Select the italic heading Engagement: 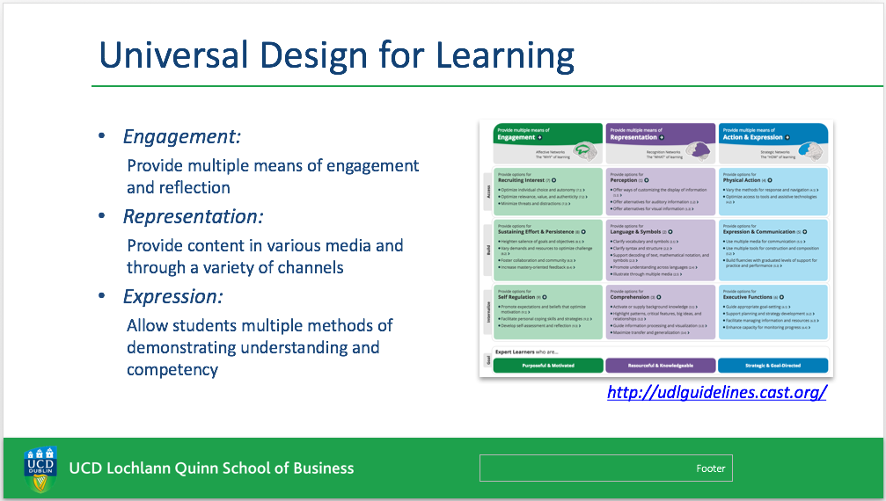point(182,137)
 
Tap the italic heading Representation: point(194,216)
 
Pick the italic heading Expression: point(172,296)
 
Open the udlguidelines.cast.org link point(716,392)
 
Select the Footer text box point(605,468)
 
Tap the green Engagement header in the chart point(547,134)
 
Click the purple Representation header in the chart point(660,134)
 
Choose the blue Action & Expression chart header point(773,134)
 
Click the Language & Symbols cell point(660,250)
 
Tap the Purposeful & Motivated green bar point(547,365)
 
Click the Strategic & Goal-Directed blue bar point(773,365)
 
